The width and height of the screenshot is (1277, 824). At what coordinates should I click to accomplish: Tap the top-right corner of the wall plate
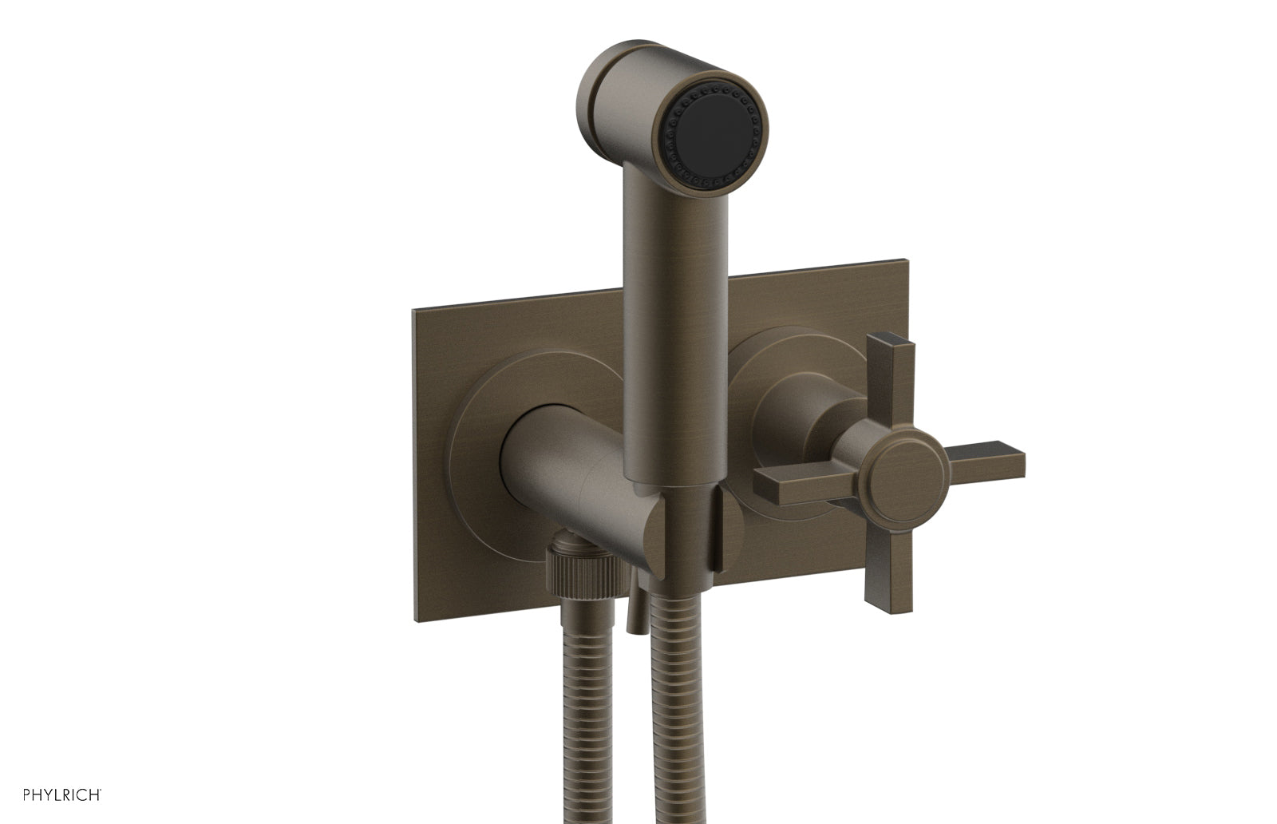pos(906,261)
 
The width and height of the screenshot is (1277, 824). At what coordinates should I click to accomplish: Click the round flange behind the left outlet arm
pos(471,447)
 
